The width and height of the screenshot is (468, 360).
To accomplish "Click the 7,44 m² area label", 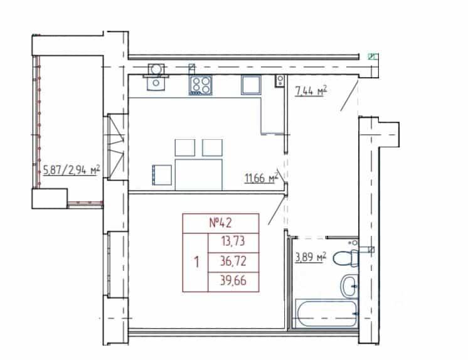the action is point(311,91).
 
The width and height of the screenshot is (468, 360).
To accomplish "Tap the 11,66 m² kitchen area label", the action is point(261,178).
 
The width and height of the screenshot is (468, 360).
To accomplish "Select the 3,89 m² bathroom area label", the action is point(311,257).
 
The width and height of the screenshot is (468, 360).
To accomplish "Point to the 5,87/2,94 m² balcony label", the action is point(72,171).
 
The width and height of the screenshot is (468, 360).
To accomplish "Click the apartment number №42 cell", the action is point(221,223).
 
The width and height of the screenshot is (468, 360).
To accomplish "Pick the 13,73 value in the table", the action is point(233,241).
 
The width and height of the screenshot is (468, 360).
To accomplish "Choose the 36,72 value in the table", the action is point(233,261).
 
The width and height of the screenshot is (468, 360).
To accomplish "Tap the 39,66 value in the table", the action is point(233,281).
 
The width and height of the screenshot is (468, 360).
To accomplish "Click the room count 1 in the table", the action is point(196,262).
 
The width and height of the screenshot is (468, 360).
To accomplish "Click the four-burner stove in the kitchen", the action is point(201,85).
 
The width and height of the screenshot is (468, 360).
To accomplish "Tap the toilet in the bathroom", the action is point(346,258).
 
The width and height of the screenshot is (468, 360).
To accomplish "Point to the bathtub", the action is point(326,314).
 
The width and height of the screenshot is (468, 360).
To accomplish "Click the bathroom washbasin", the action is point(349,286).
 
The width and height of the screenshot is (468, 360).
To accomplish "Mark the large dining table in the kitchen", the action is point(199,174).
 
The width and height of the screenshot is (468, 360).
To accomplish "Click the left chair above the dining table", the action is point(184,147).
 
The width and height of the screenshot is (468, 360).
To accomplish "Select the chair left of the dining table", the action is point(162,175).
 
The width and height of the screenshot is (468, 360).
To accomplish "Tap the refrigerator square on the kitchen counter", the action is point(251,85).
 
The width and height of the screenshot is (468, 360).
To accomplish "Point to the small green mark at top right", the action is point(373,56).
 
